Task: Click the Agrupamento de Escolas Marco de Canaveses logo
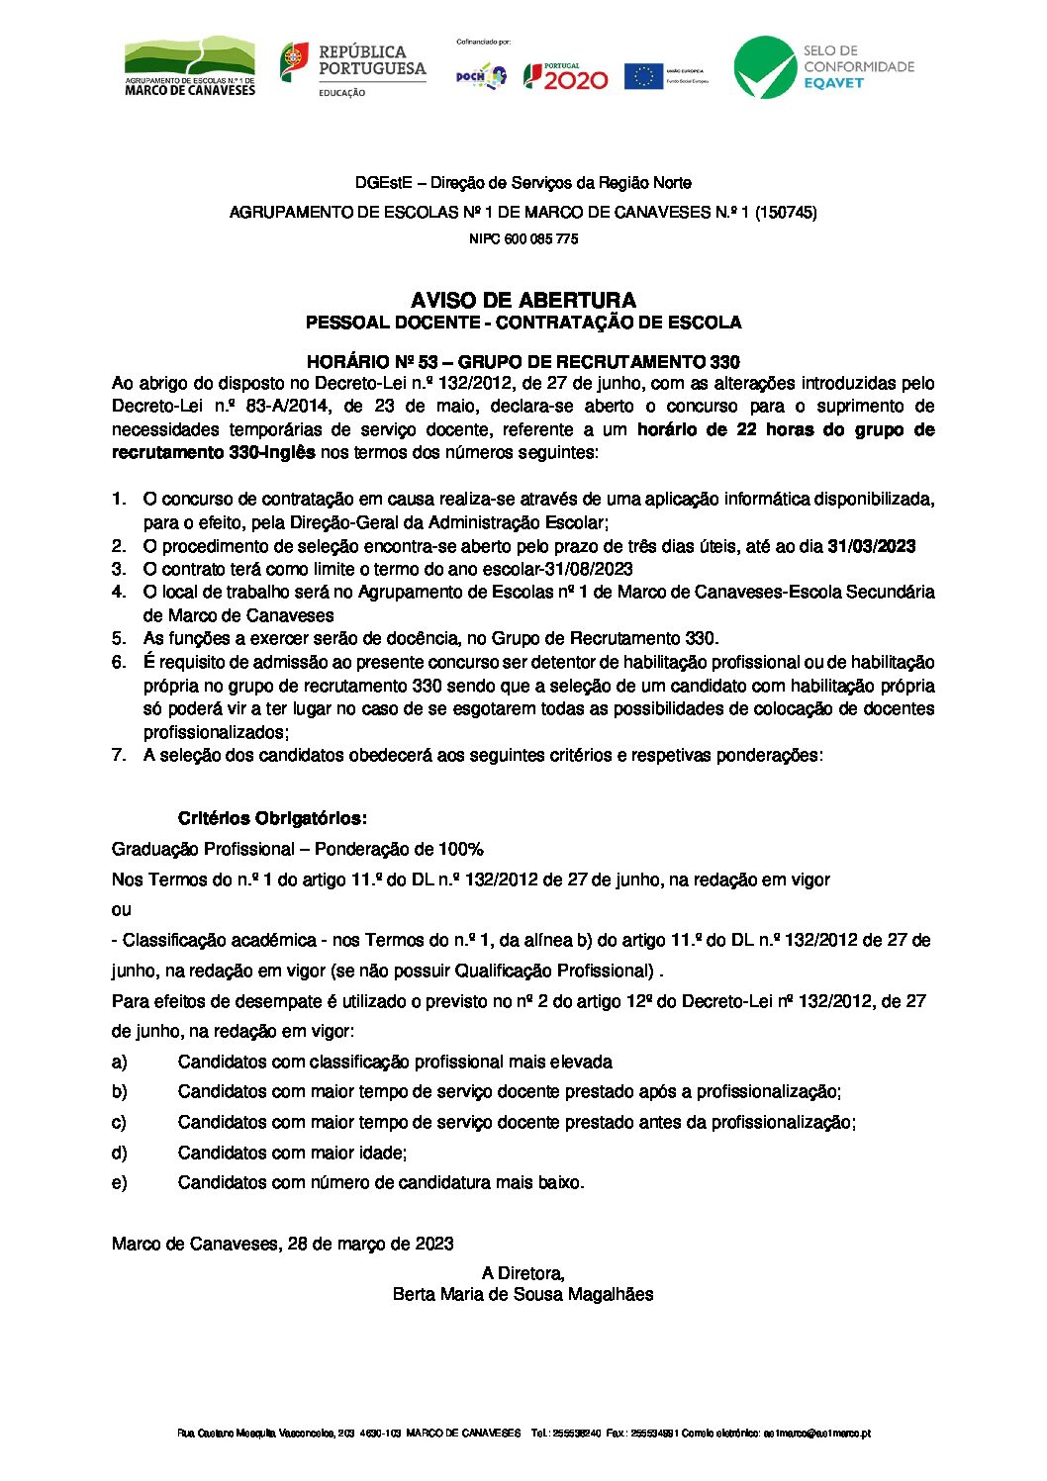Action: (189, 66)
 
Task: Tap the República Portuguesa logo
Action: (352, 67)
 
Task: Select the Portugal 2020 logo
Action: (565, 76)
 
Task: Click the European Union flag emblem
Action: (643, 76)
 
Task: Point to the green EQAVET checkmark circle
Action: (764, 67)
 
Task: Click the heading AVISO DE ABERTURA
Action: (523, 300)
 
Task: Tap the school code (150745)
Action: (786, 212)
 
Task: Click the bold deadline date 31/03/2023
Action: (871, 546)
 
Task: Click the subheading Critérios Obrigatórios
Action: (272, 818)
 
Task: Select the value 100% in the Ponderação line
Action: (461, 849)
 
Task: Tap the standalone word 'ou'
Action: (121, 909)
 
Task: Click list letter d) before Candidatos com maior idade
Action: (119, 1153)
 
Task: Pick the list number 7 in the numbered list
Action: (118, 755)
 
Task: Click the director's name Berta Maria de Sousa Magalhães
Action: (523, 1294)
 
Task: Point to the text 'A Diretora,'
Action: (523, 1273)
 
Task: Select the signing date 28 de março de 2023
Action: (370, 1244)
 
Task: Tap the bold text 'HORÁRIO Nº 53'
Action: (372, 362)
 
